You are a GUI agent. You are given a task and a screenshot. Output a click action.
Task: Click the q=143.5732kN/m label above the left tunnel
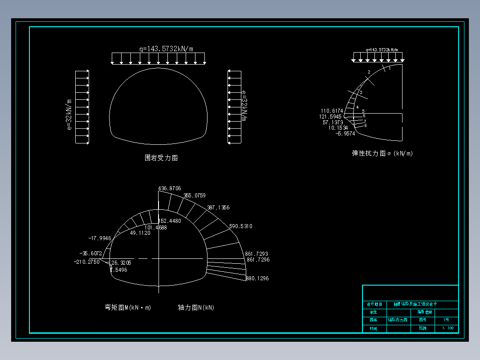(x=166, y=49)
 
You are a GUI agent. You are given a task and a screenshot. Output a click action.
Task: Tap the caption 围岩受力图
(x=161, y=158)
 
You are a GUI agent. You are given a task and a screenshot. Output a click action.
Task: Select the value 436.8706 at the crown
(x=170, y=189)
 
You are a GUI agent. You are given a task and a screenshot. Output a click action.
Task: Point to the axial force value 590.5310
(x=240, y=226)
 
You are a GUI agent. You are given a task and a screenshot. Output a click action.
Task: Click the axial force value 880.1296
(x=257, y=278)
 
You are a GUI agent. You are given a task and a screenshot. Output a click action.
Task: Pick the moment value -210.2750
(x=86, y=262)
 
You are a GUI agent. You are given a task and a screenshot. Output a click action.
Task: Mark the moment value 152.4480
(x=170, y=221)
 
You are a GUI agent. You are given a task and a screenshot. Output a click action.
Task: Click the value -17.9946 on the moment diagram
(x=100, y=238)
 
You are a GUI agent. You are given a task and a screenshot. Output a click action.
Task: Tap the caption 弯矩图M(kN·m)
(x=128, y=307)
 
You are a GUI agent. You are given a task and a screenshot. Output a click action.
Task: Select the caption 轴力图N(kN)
(x=196, y=307)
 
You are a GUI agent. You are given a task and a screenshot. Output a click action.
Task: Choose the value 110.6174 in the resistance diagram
(x=332, y=111)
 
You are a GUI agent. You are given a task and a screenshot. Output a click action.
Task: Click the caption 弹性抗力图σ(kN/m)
(x=382, y=153)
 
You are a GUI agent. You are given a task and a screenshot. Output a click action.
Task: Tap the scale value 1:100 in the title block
(x=447, y=328)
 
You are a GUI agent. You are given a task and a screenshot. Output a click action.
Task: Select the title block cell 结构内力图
(x=397, y=320)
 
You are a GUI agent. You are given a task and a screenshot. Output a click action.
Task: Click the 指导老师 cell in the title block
(x=424, y=312)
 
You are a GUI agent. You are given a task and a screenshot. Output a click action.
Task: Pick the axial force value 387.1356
(x=218, y=208)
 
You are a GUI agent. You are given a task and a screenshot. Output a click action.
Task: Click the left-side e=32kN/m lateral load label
(x=69, y=115)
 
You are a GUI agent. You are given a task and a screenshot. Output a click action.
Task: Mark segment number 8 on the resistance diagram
(x=365, y=126)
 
